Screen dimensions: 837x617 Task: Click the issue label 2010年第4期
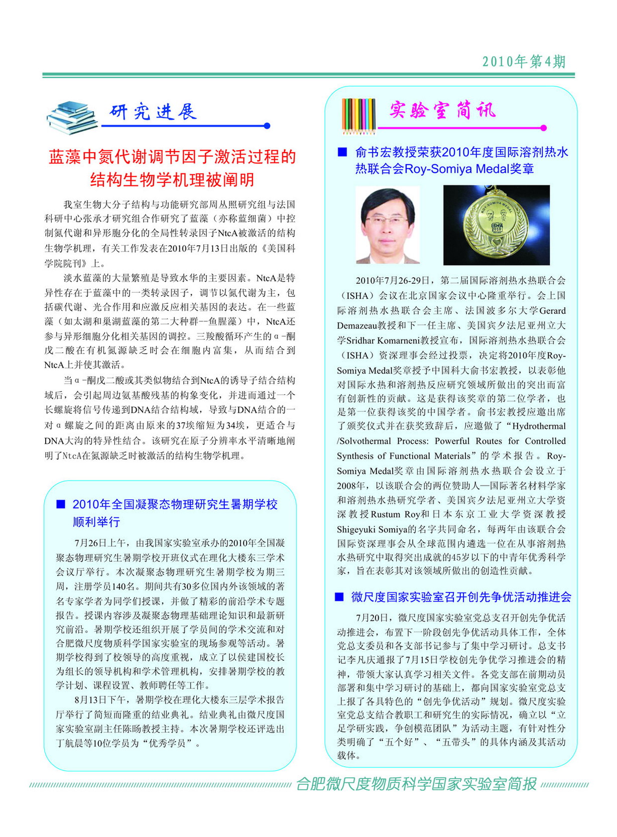coord(524,62)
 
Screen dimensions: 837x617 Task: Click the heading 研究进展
coord(153,111)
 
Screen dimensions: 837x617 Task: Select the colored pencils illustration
coord(358,116)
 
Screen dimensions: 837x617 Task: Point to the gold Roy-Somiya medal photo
coord(496,225)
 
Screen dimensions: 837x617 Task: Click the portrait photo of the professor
coord(388,225)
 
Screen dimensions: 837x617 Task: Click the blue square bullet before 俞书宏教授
coord(343,152)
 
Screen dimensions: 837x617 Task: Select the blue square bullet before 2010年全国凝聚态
coord(61,504)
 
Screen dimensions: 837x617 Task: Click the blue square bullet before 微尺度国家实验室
coord(340,596)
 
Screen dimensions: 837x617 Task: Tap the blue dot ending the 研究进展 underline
coord(267,126)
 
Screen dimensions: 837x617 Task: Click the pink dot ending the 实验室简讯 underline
coord(543,128)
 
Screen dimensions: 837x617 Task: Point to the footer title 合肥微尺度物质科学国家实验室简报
coord(416,784)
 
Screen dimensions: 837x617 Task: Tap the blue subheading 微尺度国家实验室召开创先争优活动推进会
coord(461,596)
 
